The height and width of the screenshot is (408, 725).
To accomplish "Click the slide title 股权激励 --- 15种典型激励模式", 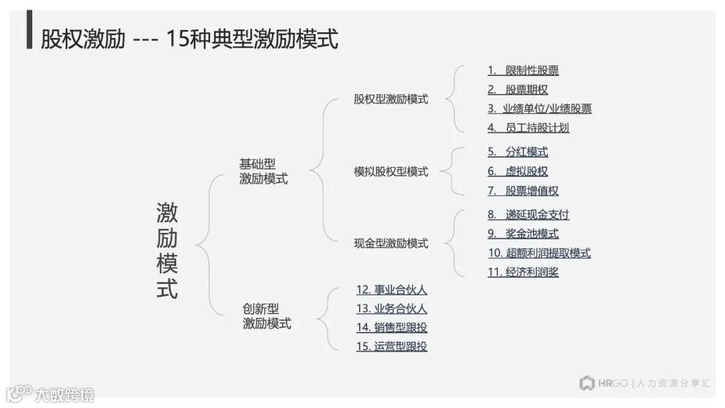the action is [x=189, y=38].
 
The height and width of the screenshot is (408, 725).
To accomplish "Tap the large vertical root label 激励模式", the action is [x=167, y=251].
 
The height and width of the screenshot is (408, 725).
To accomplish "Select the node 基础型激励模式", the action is [x=263, y=171].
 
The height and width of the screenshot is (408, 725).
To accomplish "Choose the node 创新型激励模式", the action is [x=267, y=316].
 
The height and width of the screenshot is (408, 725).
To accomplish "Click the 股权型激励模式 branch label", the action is [x=391, y=99].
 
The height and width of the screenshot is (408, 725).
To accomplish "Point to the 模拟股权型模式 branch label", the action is [x=391, y=172].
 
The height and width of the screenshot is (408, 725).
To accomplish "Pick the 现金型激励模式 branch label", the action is [x=391, y=244].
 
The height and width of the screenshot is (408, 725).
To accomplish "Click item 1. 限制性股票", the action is [x=523, y=70].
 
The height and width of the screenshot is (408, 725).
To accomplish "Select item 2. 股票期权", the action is [x=518, y=90].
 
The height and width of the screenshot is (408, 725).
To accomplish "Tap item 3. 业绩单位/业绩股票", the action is [x=539, y=109].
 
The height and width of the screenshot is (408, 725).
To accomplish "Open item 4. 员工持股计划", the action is [x=528, y=127].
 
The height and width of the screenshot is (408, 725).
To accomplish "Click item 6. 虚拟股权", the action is [x=518, y=172].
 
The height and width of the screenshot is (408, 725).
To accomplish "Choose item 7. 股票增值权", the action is [x=523, y=191].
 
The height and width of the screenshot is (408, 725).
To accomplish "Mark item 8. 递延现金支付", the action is [x=528, y=215].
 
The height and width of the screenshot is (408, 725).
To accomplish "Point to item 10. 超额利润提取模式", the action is [x=539, y=253].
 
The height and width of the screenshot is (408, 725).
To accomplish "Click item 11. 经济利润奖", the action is [x=523, y=272].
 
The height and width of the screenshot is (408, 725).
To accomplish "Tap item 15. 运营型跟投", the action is [x=391, y=347].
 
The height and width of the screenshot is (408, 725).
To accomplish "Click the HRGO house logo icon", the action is [x=587, y=383].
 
